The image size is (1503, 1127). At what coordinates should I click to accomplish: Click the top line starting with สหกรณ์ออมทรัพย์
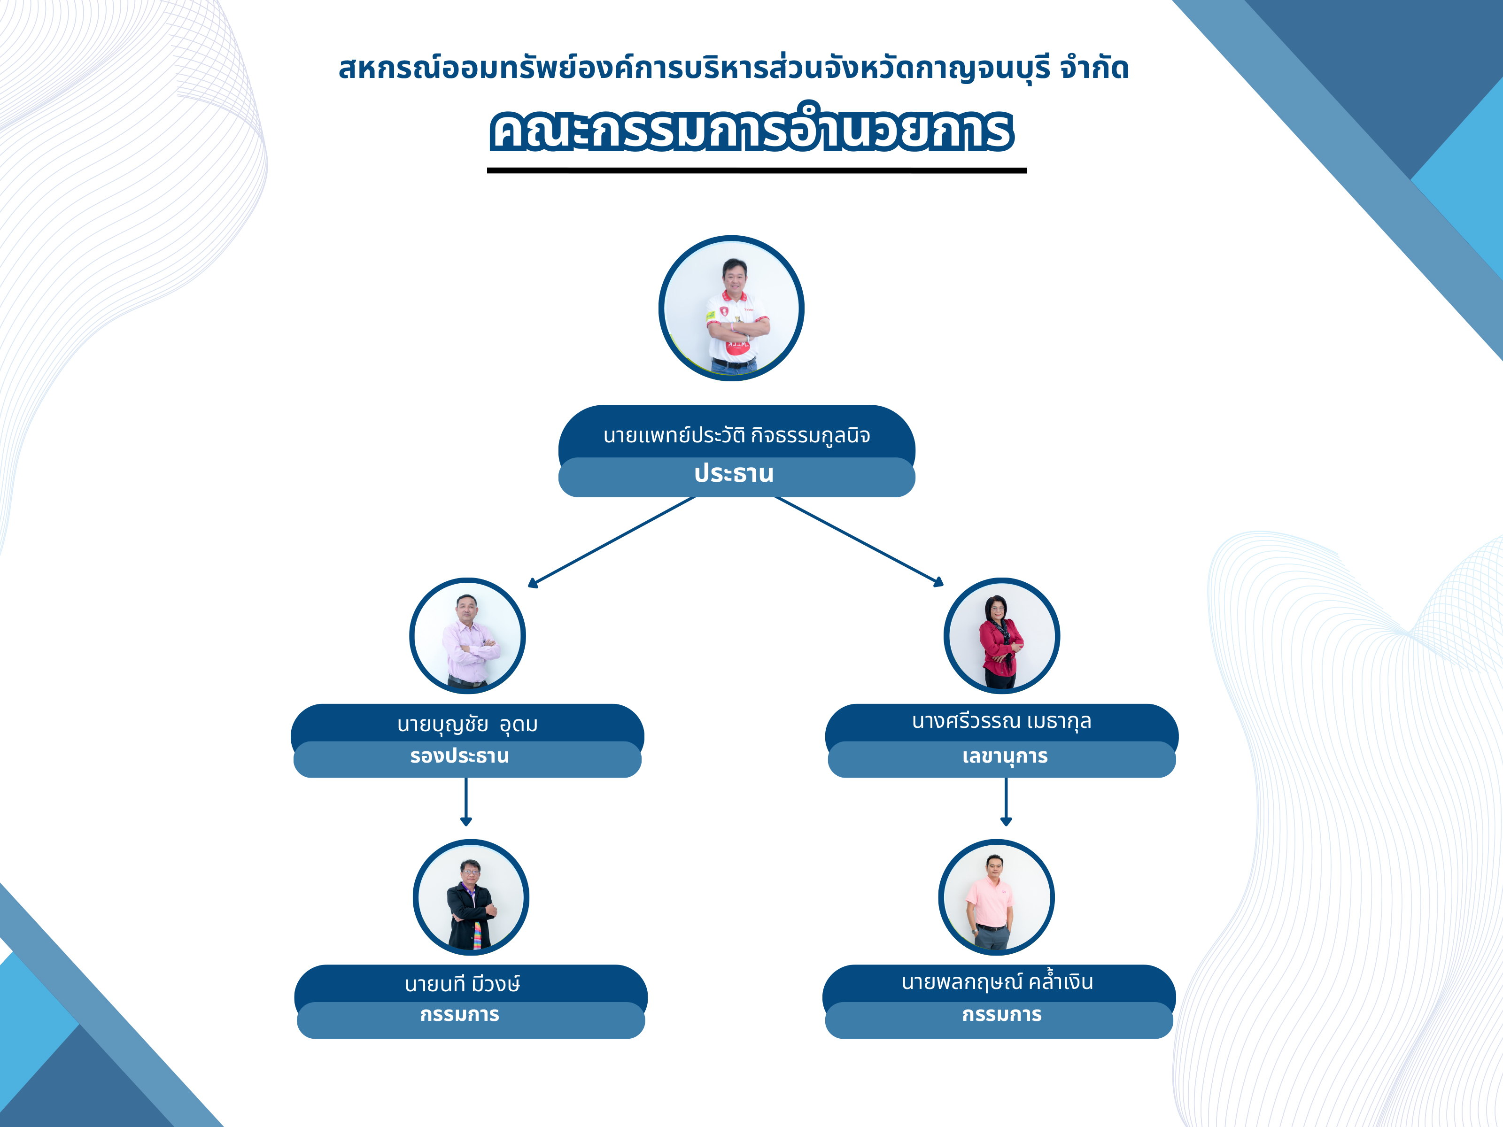[734, 69]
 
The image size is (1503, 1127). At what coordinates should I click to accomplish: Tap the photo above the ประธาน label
[731, 309]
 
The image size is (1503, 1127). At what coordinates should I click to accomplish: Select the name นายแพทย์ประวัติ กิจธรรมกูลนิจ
[736, 435]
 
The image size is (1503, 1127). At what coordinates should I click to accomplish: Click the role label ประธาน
[734, 473]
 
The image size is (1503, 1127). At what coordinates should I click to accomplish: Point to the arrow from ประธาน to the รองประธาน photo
[612, 541]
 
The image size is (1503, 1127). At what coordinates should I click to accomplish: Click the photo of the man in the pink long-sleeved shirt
[467, 636]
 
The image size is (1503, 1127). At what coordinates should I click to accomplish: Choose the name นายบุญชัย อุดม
[467, 724]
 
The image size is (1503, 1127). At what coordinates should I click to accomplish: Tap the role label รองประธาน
[459, 756]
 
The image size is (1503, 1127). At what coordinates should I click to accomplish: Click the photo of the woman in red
[1001, 636]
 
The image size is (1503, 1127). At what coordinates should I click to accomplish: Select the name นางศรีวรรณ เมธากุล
[1001, 721]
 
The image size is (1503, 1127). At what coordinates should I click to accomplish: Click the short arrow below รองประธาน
[466, 802]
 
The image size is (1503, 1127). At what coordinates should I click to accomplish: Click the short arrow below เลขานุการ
[1006, 802]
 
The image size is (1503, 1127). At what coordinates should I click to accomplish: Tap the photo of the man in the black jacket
[471, 897]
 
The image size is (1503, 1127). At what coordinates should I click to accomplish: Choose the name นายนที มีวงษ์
[463, 984]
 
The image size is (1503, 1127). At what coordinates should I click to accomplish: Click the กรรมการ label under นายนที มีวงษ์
[459, 1015]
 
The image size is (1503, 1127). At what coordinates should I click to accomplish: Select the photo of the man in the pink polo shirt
[996, 897]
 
